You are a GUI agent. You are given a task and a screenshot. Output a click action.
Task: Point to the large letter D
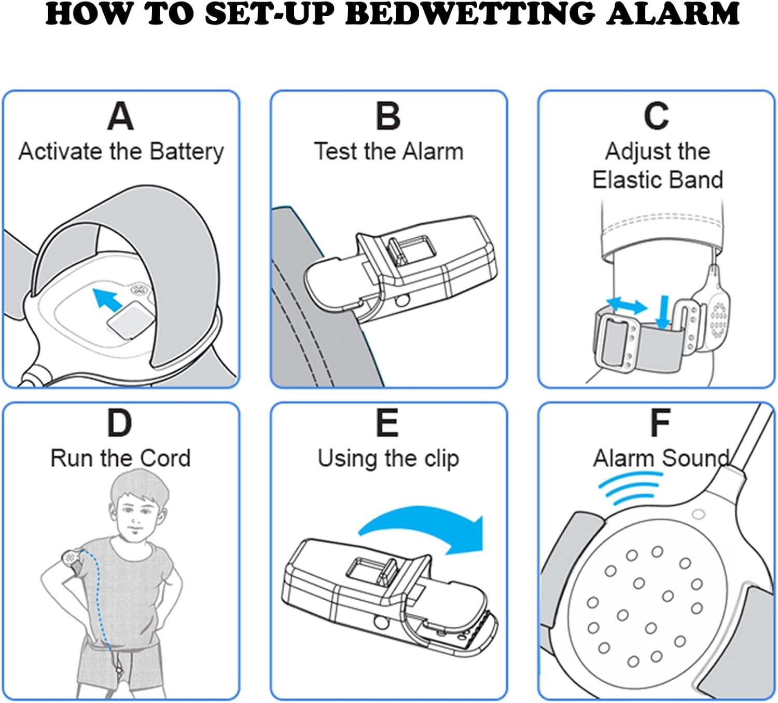click(120, 423)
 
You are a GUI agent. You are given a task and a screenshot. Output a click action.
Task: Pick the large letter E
click(387, 423)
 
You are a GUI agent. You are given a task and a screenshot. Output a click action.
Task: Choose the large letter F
click(660, 423)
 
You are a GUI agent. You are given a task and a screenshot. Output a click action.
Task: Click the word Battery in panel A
click(187, 152)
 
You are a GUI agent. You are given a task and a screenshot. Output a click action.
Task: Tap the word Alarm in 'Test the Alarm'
click(433, 152)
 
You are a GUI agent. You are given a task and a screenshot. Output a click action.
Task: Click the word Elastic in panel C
click(622, 180)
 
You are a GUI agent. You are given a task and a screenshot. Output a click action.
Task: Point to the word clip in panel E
click(441, 459)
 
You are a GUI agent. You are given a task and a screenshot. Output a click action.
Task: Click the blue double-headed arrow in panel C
click(627, 305)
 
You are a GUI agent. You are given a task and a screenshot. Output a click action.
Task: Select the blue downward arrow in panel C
click(663, 312)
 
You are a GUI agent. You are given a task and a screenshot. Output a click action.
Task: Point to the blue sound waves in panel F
click(629, 491)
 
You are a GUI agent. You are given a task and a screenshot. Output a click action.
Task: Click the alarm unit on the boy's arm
click(70, 559)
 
